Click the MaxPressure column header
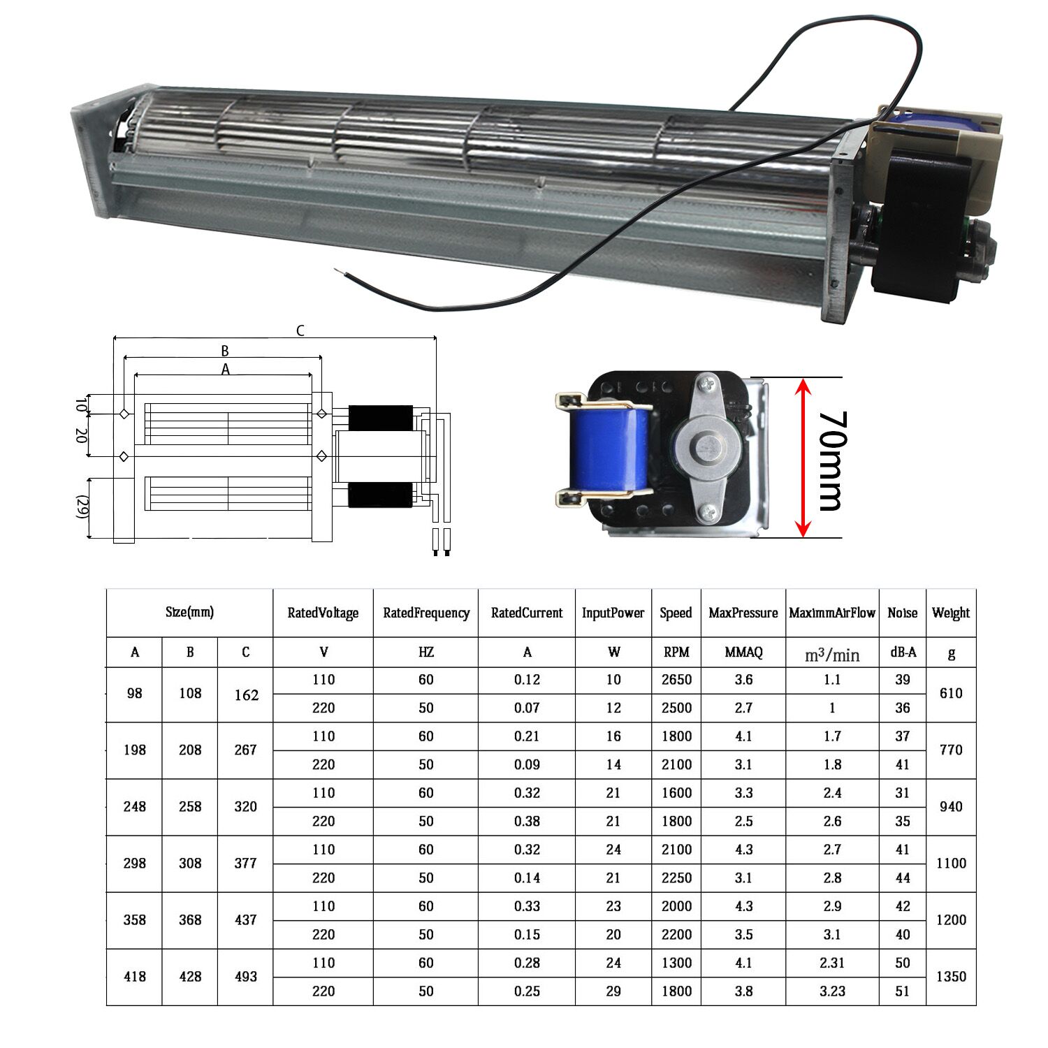pos(743,613)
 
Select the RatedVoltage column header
pos(323,613)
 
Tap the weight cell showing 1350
pos(951,976)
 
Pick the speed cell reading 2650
pos(676,679)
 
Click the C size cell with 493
pos(246,976)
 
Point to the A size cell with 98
pos(135,693)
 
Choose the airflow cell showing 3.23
pos(832,991)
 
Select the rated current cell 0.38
pos(527,821)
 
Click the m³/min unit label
pos(832,655)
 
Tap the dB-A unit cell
pos(903,652)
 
